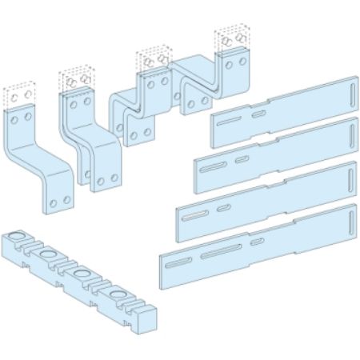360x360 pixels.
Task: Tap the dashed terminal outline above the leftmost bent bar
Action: coord(21,95)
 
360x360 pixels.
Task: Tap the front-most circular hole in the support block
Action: coord(118,295)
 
